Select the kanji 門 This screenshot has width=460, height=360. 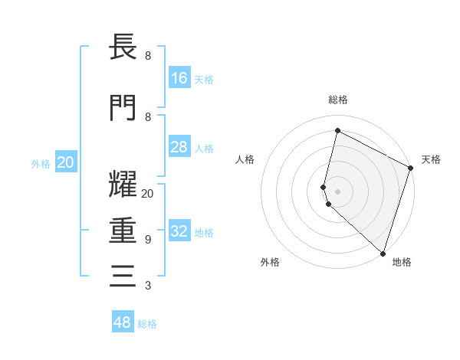coord(123,107)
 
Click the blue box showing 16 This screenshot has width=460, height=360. coord(179,77)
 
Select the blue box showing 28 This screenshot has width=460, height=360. coord(179,147)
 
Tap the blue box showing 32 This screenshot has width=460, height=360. coord(179,231)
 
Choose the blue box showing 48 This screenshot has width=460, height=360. coord(123,322)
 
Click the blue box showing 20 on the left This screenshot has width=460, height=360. coord(66,162)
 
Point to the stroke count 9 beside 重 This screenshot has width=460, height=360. coord(148,240)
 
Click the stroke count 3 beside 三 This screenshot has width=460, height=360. coord(148,286)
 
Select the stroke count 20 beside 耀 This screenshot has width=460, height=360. coord(147,194)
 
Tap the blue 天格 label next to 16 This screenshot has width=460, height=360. coord(204,79)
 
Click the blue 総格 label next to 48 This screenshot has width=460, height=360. coord(147,324)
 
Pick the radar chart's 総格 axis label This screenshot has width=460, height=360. coord(338,100)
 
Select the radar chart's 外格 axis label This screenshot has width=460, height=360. coord(270,262)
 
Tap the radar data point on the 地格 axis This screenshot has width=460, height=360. coord(383,253)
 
